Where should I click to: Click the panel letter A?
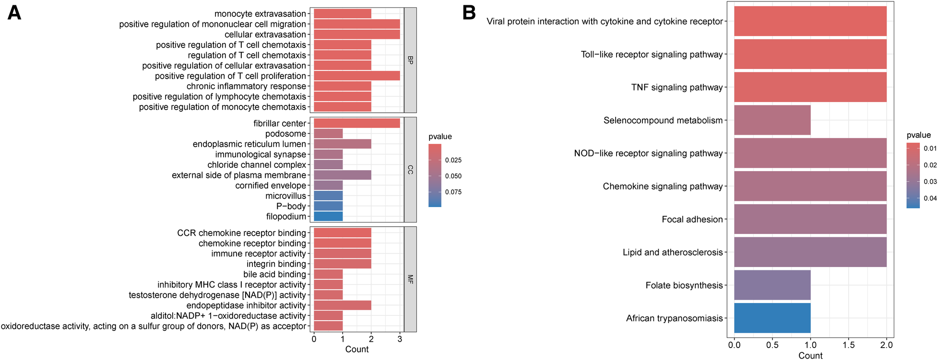[14, 13]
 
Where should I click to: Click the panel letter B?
[469, 13]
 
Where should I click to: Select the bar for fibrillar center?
[356, 123]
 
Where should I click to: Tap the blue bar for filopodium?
[328, 216]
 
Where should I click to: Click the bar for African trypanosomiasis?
[772, 318]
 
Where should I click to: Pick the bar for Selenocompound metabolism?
[772, 120]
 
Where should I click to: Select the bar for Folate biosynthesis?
[772, 285]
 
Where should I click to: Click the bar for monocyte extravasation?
[342, 13]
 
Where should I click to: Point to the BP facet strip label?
[410, 60]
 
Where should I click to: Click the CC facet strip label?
[410, 169]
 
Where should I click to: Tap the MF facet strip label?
[410, 279]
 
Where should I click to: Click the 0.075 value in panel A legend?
[453, 192]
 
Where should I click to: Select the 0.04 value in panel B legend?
[930, 198]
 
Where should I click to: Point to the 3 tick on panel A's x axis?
[400, 339]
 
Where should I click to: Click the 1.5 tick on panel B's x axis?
[848, 345]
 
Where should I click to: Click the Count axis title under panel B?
[810, 355]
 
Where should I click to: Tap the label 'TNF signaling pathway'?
[677, 87]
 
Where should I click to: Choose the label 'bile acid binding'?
[274, 274]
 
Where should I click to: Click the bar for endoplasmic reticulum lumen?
[342, 144]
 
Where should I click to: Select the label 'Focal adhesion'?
[692, 219]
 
